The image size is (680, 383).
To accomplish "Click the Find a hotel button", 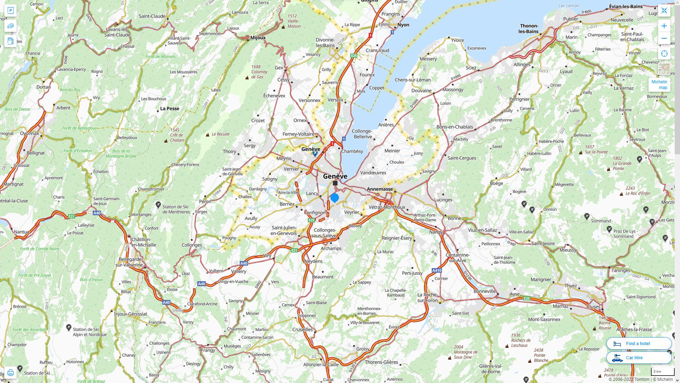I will coord(639,343).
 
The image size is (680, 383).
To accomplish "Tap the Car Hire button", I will coord(639,357).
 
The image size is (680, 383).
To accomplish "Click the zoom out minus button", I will coord(664,38).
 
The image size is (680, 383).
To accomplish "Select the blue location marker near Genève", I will coord(334,198).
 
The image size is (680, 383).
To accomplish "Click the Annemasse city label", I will coord(380,189).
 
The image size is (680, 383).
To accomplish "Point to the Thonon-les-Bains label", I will coord(529,29).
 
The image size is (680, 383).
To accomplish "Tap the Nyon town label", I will coord(403,25).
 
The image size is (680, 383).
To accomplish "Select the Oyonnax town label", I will coord(29,133).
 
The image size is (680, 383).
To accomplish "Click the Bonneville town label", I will coord(484,292).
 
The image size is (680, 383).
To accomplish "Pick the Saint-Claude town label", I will coord(152,16).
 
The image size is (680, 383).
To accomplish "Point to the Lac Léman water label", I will coord(568,6).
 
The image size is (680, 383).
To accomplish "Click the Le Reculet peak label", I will coord(220,134).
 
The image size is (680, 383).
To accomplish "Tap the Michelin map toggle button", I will coord(659,84).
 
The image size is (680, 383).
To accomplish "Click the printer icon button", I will coord(10,372).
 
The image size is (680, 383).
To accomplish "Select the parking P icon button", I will coord(10,10).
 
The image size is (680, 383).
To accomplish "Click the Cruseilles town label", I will coord(302,329).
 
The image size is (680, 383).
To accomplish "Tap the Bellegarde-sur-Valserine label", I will coord(131,262).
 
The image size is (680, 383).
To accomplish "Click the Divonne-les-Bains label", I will coord(325,43).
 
